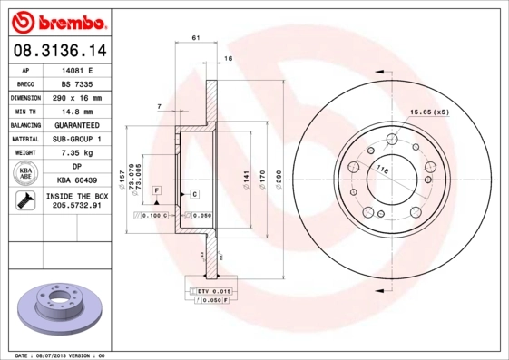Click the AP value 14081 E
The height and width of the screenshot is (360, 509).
point(77,69)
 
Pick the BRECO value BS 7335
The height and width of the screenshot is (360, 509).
point(77,83)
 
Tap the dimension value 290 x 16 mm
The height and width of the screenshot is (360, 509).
point(77,97)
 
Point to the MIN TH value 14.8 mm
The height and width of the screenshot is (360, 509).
point(77,111)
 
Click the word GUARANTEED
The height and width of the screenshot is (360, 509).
point(77,124)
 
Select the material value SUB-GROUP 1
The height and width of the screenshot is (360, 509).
point(77,139)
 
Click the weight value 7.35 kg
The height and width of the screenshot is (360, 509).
point(77,152)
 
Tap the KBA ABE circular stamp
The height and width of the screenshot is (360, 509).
point(25,173)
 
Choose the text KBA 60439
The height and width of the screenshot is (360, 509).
point(77,180)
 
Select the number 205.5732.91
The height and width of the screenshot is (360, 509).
point(77,206)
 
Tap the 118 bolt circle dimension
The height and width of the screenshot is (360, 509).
point(382,170)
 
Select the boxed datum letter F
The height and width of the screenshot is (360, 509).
point(156,190)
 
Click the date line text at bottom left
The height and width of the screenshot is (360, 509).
point(62,355)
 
